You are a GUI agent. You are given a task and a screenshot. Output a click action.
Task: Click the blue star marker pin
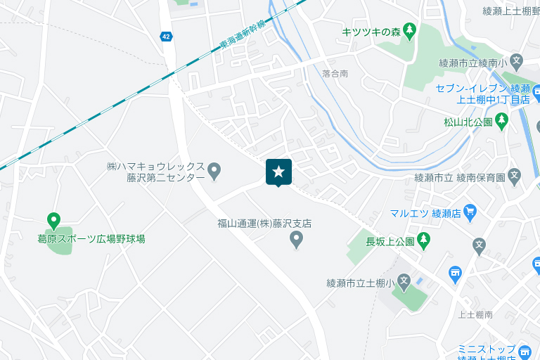(278, 172)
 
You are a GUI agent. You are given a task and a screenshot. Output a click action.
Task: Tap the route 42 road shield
(166, 37)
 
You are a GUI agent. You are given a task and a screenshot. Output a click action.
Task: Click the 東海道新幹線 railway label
(243, 34)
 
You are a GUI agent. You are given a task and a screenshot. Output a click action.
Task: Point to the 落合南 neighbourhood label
(335, 73)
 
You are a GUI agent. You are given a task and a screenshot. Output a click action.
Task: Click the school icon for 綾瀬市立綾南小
(516, 62)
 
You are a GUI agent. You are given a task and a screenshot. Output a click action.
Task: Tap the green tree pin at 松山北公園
(501, 121)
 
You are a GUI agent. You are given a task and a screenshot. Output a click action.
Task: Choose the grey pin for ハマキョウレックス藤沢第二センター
(215, 170)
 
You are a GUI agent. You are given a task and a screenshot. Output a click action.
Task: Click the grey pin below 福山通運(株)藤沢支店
(297, 240)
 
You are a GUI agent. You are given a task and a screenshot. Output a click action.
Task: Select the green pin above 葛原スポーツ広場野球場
(53, 221)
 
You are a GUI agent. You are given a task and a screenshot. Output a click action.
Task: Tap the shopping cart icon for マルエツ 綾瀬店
(470, 211)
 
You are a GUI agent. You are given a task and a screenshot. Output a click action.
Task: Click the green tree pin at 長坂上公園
(423, 241)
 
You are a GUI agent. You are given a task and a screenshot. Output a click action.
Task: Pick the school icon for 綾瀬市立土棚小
(404, 283)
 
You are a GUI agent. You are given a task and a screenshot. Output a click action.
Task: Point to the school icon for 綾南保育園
(515, 176)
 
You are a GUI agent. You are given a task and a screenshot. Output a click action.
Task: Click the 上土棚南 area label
(475, 315)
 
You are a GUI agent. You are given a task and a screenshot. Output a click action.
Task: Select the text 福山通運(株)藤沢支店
(264, 224)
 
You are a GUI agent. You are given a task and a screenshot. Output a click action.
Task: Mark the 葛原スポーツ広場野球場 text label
(91, 239)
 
